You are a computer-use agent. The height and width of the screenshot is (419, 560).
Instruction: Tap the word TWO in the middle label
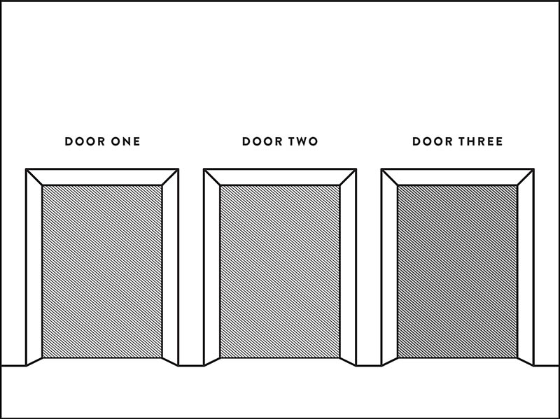pos(303,141)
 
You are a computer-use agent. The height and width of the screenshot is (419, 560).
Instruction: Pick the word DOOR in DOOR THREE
pos(433,141)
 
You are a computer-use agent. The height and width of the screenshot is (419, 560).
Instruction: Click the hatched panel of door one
pos(102,271)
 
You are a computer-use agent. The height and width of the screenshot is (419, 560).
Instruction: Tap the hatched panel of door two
pos(279,271)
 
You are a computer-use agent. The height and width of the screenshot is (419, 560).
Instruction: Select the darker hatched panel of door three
pos(458,271)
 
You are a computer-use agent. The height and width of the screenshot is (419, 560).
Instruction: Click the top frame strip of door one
pos(102,177)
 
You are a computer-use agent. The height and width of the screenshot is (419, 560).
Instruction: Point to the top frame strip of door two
pos(279,177)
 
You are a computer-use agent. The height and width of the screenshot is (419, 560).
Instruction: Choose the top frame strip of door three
pos(458,177)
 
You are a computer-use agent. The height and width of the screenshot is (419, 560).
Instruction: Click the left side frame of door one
pos(34,268)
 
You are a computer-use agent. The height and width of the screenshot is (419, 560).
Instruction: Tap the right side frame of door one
pos(170,268)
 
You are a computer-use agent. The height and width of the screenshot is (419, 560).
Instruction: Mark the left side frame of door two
pos(212,268)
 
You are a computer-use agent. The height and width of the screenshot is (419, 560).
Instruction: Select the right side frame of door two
pos(348,268)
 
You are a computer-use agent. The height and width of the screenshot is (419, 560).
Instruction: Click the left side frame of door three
pos(390,268)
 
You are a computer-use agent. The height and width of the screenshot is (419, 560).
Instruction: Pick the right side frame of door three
pos(526,268)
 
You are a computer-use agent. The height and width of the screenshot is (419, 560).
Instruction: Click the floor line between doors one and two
pos(191,365)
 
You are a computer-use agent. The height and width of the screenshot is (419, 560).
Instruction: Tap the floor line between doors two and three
pos(369,365)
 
